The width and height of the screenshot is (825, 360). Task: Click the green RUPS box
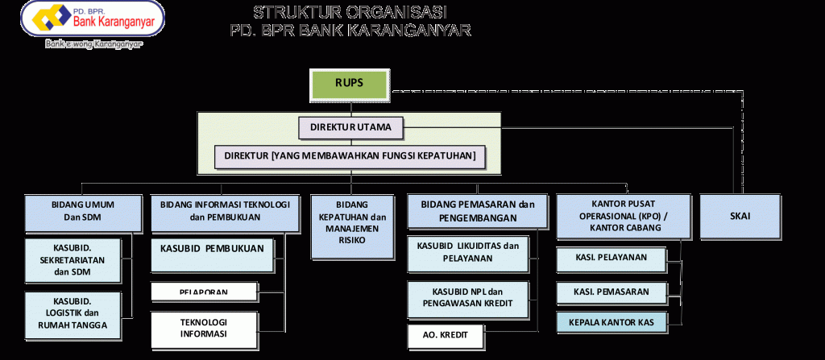[x=350, y=83]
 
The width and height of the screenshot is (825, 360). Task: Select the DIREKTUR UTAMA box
[x=350, y=127]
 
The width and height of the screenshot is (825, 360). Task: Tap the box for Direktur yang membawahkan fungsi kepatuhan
[x=350, y=155]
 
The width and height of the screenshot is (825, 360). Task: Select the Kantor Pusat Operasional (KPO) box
[x=623, y=216]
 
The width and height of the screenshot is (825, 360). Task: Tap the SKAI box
[x=739, y=216]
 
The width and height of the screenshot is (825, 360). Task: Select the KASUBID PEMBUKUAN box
[x=212, y=249]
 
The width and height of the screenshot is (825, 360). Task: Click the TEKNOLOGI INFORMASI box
[x=203, y=326]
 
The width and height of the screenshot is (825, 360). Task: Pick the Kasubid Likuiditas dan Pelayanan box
[x=467, y=251]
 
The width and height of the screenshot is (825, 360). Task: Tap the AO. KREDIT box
[x=445, y=333]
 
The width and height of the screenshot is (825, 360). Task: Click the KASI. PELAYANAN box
[x=611, y=259]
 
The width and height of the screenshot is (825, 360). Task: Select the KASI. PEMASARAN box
[x=611, y=291]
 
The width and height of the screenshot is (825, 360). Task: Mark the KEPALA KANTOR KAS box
[x=611, y=322]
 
